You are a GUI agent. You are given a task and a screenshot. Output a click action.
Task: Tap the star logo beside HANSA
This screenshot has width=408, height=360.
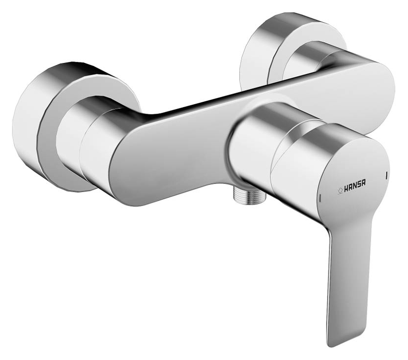pos(340,189)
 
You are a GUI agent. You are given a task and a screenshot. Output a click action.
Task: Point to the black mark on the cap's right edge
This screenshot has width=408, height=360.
pos(387,175)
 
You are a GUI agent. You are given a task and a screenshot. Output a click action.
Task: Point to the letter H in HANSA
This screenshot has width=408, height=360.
pos(347,189)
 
